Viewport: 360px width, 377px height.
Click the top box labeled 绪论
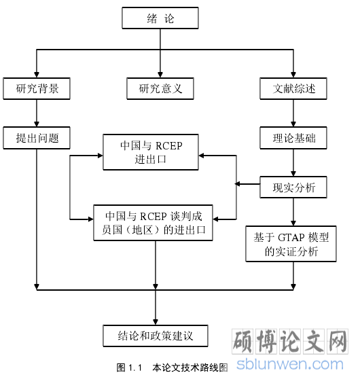tap(160, 18)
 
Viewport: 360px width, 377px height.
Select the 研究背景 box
tap(37, 88)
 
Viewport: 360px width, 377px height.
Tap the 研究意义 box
tap(160, 88)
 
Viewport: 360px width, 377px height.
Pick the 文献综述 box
tap(293, 88)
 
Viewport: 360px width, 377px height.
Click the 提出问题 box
tap(37, 138)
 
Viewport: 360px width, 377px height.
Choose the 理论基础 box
tap(293, 138)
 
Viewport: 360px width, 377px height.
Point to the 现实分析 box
tap(293, 187)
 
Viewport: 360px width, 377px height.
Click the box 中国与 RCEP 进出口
tap(151, 152)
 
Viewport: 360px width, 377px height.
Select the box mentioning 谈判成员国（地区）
tap(154, 223)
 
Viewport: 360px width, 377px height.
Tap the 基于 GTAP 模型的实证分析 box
tap(291, 244)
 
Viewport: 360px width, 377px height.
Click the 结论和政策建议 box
tap(156, 336)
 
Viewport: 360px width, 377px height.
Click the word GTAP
tap(291, 238)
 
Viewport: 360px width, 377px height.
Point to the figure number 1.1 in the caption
tap(135, 368)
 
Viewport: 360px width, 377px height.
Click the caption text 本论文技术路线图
tap(190, 368)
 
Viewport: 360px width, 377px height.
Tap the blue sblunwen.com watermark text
tap(290, 364)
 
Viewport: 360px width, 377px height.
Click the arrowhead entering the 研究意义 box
tap(160, 75)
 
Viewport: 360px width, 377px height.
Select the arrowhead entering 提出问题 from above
tap(37, 124)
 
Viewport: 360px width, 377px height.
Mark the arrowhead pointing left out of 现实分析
tap(238, 184)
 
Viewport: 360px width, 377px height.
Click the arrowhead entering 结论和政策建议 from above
tap(156, 322)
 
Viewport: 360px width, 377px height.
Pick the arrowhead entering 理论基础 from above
tap(293, 124)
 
